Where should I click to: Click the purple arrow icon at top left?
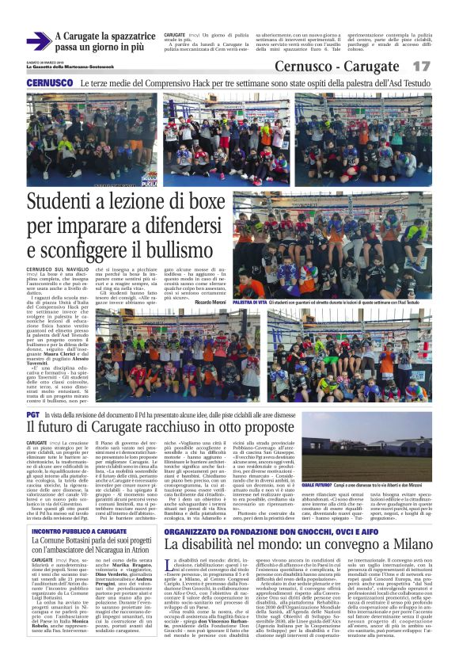point(38,41)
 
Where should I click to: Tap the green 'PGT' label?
point(33,415)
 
